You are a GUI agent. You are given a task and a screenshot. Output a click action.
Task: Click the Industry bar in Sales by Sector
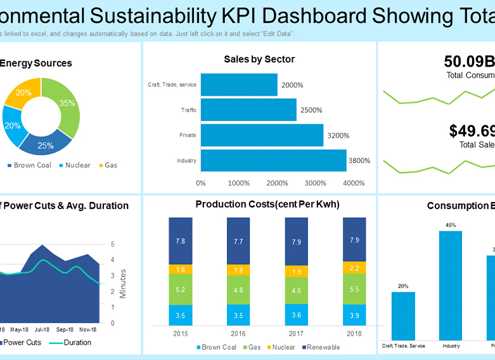(273, 160)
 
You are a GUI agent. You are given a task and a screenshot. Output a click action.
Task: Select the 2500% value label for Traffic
(311, 110)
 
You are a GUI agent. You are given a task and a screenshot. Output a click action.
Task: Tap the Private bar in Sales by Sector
(262, 135)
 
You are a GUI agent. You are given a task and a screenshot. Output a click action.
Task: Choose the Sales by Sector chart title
(259, 60)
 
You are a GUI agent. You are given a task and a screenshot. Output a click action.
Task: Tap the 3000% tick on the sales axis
(315, 183)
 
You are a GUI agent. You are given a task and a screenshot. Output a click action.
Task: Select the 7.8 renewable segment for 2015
(180, 241)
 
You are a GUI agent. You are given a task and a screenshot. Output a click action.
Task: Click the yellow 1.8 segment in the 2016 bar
(238, 270)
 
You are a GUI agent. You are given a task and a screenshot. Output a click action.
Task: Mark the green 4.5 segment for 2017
(297, 291)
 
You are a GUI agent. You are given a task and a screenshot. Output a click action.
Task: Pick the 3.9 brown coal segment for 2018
(354, 314)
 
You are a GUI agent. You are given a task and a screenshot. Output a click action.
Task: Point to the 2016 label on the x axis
(238, 333)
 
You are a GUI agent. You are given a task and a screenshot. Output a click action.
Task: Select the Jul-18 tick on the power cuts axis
(42, 330)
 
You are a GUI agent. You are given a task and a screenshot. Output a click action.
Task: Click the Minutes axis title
(124, 283)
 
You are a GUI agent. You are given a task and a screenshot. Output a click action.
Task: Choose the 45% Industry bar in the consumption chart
(451, 285)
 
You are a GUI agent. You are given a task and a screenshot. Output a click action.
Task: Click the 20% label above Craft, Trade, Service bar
(403, 286)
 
